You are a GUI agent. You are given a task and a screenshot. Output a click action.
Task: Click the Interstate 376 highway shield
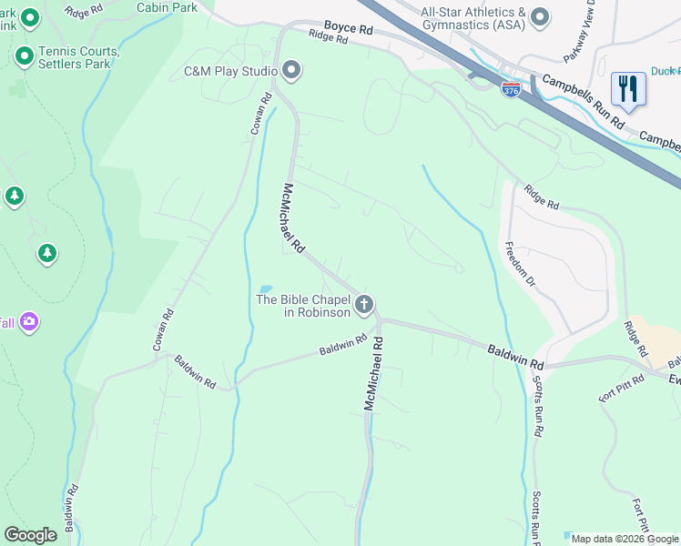pos(511,91)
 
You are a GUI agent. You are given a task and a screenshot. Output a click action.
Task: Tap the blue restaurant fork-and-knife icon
pos(628,89)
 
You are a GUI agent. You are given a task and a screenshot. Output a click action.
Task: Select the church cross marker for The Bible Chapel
pos(364,305)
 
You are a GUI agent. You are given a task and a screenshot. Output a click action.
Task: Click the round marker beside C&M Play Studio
pos(291,70)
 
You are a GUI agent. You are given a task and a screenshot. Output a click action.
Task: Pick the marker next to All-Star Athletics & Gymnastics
pos(540,17)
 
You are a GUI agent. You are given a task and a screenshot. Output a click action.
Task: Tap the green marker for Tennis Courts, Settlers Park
pos(25,57)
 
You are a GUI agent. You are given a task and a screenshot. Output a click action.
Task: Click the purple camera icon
pos(29,321)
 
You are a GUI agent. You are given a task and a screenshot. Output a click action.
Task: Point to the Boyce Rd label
pos(349,29)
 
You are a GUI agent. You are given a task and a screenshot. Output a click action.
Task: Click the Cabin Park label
pos(167,6)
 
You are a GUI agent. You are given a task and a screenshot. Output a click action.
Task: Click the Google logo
pos(30,535)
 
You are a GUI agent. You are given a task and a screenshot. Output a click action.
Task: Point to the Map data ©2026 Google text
pos(625,539)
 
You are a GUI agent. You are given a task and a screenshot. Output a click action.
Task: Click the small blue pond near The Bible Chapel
pos(265,288)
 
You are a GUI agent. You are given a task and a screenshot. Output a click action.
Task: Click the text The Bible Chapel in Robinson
pos(303,306)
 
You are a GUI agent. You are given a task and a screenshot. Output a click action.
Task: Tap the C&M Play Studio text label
pos(230,71)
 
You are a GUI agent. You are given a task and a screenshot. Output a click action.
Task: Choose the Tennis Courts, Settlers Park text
pos(79,57)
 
